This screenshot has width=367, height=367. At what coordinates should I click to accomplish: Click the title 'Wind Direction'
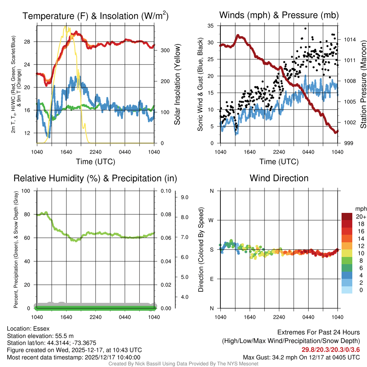coord(279,178)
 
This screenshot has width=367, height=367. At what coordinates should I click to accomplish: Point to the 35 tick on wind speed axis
coord(211,25)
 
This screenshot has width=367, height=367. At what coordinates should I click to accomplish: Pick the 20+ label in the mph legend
coord(361,216)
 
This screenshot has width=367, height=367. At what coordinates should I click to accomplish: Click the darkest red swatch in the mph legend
coord(347,216)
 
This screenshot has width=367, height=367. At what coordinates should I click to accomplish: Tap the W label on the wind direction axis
coord(211,220)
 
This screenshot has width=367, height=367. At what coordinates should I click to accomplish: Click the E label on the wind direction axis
coord(211,279)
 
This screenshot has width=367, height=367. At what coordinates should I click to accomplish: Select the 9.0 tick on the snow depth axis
coord(184,197)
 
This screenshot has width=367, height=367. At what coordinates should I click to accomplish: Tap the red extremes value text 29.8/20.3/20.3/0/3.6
coord(330,349)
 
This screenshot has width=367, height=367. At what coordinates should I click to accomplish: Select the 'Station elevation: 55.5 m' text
coord(40,336)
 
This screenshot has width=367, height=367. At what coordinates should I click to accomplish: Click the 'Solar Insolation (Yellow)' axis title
coord(177,85)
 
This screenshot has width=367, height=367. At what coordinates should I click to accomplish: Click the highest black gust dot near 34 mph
coord(305,28)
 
